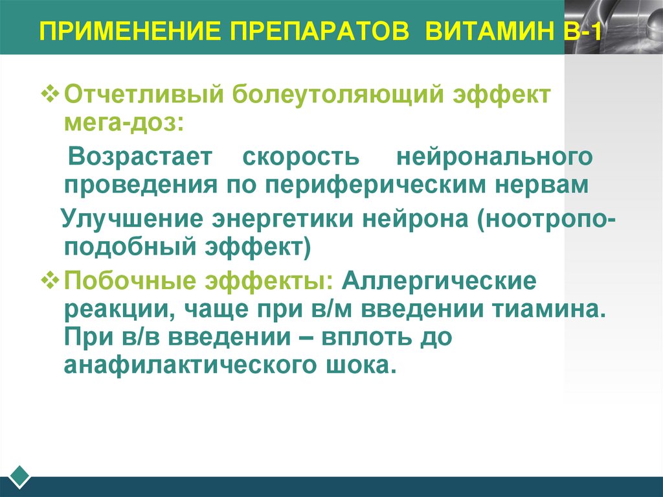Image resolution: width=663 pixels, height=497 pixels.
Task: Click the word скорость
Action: (x=300, y=156)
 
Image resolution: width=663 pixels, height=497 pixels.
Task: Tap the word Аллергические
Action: (x=440, y=282)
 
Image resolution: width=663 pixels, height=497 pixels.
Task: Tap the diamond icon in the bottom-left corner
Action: (x=20, y=476)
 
